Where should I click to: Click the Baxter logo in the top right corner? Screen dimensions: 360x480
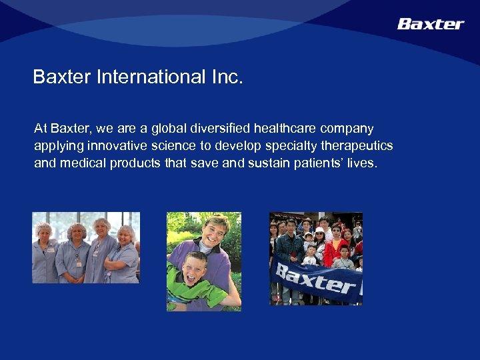[x=430, y=24]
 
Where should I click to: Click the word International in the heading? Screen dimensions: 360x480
[x=151, y=77]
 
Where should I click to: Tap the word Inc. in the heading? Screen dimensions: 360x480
[x=227, y=77]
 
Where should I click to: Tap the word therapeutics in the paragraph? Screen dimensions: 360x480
[x=359, y=145]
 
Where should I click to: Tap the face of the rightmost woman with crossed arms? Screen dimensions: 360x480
[x=125, y=235]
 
